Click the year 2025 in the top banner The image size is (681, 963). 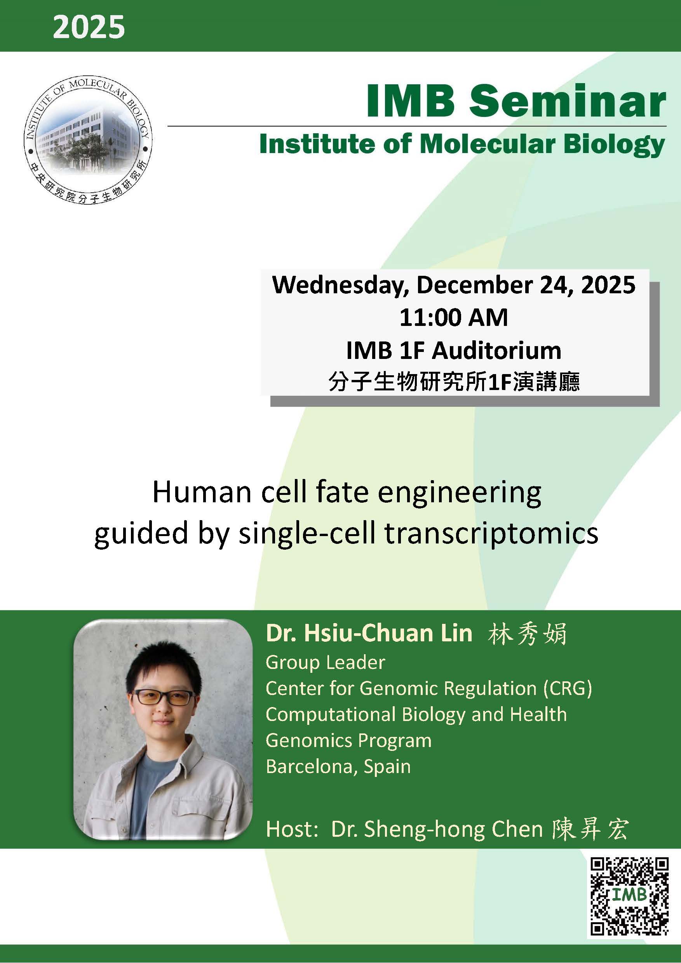(x=89, y=27)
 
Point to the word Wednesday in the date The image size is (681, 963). (x=340, y=285)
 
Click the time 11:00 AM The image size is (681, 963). (x=453, y=317)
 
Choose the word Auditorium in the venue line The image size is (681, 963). (x=496, y=351)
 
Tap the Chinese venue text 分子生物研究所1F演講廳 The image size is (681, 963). (x=454, y=382)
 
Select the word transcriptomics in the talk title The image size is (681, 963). (x=491, y=533)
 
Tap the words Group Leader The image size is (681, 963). (x=325, y=663)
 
